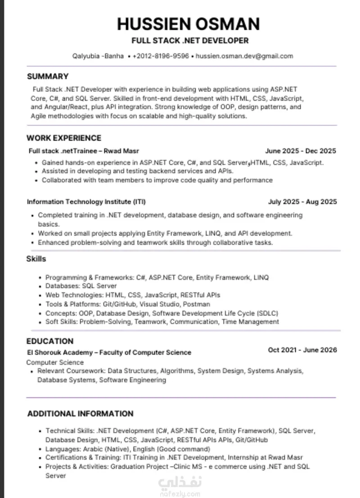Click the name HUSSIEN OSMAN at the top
click(189, 23)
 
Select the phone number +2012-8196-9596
click(161, 56)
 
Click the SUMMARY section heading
click(48, 76)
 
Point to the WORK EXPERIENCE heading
click(64, 138)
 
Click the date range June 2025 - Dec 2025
click(301, 151)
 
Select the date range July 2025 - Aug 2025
click(302, 202)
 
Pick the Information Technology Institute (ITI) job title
click(86, 202)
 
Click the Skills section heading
click(36, 259)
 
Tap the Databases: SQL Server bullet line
click(81, 286)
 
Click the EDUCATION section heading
click(49, 341)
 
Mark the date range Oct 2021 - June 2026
click(302, 350)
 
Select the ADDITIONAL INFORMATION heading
click(81, 414)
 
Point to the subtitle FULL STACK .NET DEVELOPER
click(190, 41)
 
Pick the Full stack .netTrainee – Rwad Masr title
click(87, 151)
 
